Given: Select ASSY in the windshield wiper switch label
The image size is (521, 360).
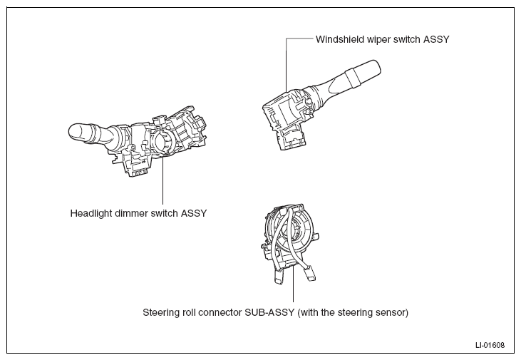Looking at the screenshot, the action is click(x=436, y=39).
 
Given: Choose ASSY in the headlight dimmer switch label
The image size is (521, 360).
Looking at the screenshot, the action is click(x=194, y=213).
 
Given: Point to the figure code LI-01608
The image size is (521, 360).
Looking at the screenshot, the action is click(x=490, y=345).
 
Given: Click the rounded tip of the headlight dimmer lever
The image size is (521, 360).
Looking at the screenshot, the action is click(x=71, y=133).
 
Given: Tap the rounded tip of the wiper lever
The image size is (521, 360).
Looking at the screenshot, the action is click(x=376, y=66).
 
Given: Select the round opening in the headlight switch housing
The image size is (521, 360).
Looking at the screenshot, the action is click(x=163, y=141).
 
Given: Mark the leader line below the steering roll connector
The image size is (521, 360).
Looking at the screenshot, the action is click(x=294, y=283).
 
